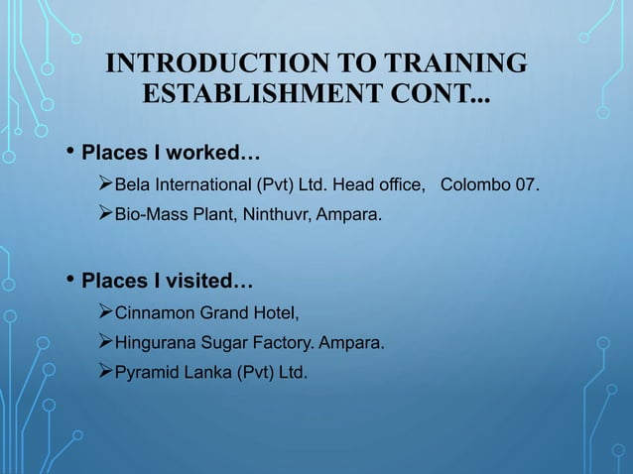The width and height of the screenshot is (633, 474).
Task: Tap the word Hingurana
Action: click(159, 344)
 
